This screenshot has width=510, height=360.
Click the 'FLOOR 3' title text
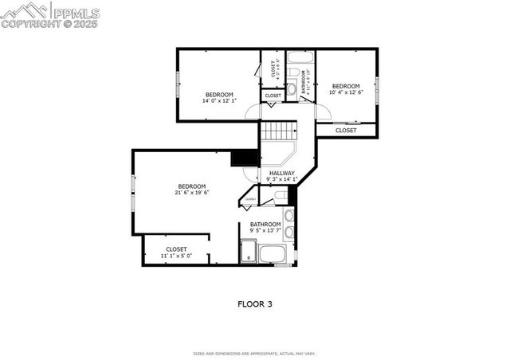pyautogui.click(x=255, y=303)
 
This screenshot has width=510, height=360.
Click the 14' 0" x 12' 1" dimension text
pyautogui.click(x=218, y=100)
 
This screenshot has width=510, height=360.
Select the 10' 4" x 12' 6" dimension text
pyautogui.click(x=346, y=92)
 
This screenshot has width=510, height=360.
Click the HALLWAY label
pyautogui.click(x=282, y=173)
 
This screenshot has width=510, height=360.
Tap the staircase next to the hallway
pyautogui.click(x=279, y=131)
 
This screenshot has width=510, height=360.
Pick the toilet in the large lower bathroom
pyautogui.click(x=280, y=194)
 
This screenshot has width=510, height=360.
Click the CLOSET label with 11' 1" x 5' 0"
pyautogui.click(x=176, y=249)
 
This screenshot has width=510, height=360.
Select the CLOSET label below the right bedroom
pyautogui.click(x=346, y=131)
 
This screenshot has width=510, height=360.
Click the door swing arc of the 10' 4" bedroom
pyautogui.click(x=321, y=112)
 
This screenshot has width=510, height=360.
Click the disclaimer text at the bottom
pyautogui.click(x=255, y=353)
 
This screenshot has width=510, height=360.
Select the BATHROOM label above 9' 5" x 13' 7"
pyautogui.click(x=265, y=225)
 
